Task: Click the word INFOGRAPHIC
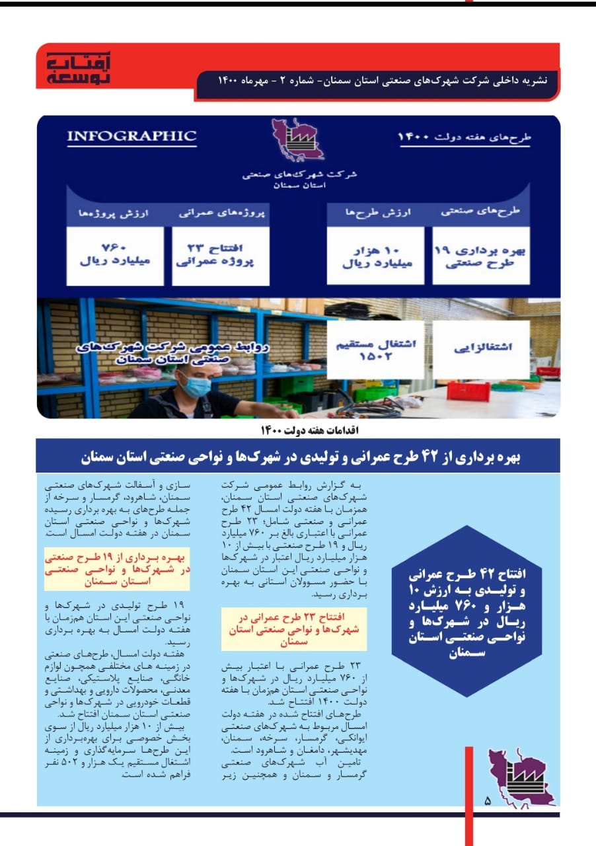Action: (x=131, y=137)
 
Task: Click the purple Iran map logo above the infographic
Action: (x=298, y=141)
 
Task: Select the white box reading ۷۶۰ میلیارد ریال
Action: (x=115, y=255)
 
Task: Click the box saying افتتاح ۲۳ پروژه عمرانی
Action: (x=220, y=255)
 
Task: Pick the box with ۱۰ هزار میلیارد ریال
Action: (x=376, y=255)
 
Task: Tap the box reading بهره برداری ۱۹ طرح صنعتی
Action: (x=481, y=255)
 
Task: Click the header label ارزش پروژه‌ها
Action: (x=116, y=214)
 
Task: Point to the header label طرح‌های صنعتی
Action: (x=481, y=211)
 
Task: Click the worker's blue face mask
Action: (x=195, y=385)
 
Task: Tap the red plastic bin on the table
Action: (x=468, y=391)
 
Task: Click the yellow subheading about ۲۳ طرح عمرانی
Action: (x=293, y=629)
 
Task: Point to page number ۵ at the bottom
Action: (x=488, y=801)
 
